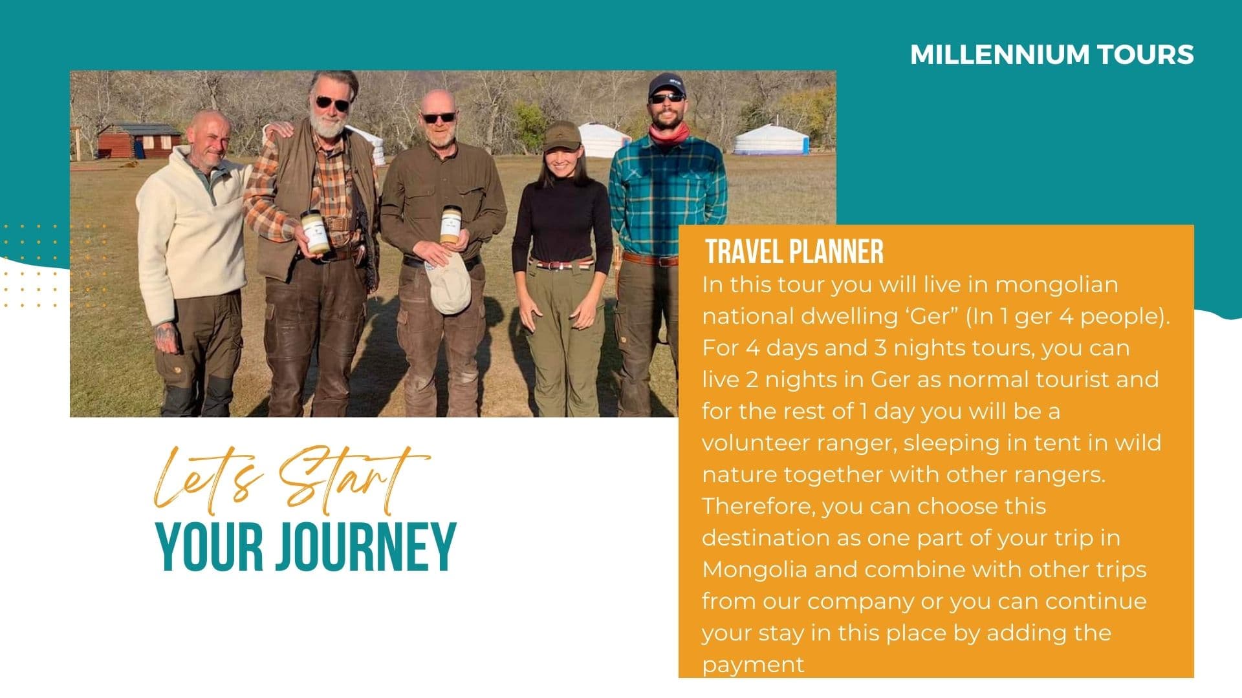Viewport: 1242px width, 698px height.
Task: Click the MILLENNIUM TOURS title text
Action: (x=1051, y=54)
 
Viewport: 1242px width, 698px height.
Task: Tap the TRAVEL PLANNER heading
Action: (x=794, y=251)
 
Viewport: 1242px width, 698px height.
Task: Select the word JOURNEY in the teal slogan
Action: (x=366, y=547)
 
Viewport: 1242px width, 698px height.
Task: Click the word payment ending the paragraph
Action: (x=754, y=664)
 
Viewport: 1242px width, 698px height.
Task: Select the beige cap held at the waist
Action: (x=450, y=288)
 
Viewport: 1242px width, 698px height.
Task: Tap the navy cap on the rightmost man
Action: (x=666, y=84)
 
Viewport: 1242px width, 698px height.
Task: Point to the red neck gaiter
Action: (x=670, y=134)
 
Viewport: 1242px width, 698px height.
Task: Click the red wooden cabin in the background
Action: (x=138, y=140)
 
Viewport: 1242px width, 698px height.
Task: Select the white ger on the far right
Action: (x=771, y=140)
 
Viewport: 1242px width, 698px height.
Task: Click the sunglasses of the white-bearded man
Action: (x=332, y=103)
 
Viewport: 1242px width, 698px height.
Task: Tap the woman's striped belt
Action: (x=561, y=264)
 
